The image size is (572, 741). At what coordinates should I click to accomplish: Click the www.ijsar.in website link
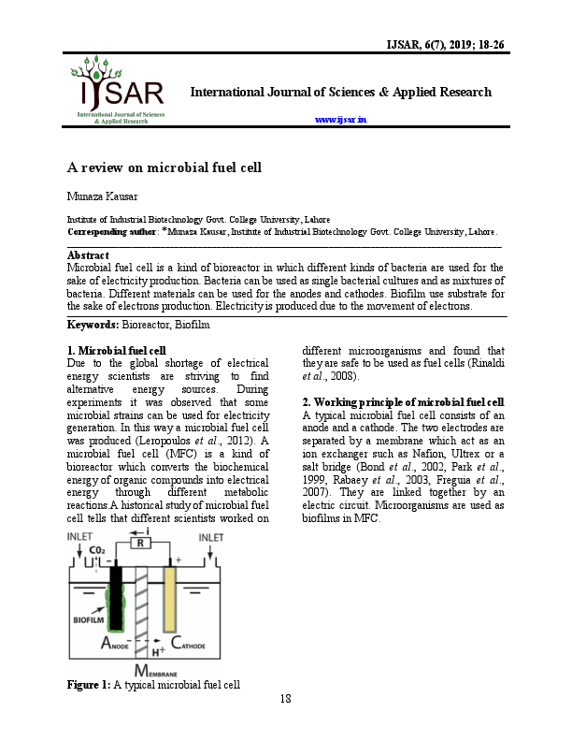[x=340, y=120]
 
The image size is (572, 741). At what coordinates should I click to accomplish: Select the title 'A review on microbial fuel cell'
[x=164, y=168]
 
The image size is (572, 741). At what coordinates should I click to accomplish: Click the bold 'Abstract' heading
[x=89, y=255]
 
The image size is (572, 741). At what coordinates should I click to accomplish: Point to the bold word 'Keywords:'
[x=93, y=324]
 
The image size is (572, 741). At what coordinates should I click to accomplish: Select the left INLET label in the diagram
[x=79, y=538]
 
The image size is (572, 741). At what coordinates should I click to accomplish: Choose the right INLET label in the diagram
[x=210, y=538]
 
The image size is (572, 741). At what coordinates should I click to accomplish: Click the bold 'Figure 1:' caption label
[x=89, y=685]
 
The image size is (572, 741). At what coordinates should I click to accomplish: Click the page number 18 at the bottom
[x=286, y=699]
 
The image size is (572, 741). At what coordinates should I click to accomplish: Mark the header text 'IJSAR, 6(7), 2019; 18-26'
[x=438, y=44]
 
